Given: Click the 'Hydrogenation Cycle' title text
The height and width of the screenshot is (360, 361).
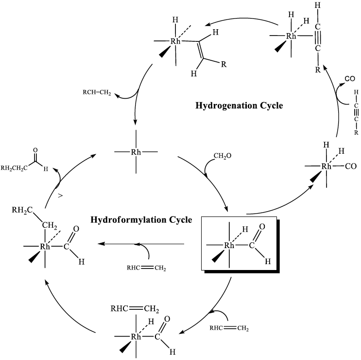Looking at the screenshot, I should coord(239,105).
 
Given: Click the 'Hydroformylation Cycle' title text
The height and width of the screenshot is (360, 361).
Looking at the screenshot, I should coord(141,220).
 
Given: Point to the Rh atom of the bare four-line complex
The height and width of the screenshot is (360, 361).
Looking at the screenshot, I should coord(137,152).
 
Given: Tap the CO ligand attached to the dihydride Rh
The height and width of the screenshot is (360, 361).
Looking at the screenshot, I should coord(352,166).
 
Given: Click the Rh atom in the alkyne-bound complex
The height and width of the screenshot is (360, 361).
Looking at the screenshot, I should coord(291,36).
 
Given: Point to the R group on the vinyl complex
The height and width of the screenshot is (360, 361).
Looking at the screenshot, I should coord(223,66).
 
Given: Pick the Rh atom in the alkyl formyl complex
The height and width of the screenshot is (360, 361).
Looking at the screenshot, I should coord(45,247).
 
